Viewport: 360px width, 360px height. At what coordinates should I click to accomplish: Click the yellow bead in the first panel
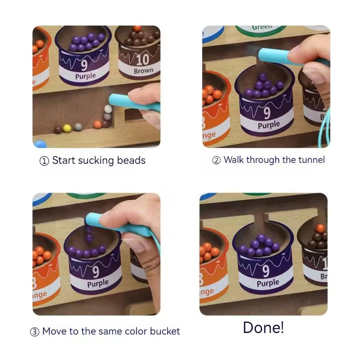tap(67, 128)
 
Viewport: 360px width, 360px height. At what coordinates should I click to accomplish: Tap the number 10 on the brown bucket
tap(143, 60)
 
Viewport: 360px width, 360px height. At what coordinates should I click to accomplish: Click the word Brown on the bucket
tap(144, 71)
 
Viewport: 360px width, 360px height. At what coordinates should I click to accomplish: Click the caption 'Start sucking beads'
tap(99, 161)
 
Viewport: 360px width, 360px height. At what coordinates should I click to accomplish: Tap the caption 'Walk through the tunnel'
tap(274, 160)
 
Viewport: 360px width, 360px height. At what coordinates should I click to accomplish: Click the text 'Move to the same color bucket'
tap(111, 332)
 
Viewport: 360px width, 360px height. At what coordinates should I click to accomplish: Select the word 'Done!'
tap(263, 327)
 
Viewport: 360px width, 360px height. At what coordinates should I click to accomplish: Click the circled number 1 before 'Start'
tap(44, 161)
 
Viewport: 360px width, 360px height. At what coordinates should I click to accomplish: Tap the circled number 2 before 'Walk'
tap(216, 160)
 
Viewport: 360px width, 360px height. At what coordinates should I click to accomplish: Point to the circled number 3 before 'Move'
tap(35, 332)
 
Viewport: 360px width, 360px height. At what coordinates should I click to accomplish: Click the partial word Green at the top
tap(262, 27)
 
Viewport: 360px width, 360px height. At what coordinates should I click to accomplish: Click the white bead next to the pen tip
tap(108, 109)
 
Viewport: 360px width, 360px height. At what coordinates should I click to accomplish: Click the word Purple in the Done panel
tap(268, 283)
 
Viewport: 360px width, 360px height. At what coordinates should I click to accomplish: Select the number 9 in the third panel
tap(95, 272)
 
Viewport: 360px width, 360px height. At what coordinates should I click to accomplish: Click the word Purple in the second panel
tap(269, 125)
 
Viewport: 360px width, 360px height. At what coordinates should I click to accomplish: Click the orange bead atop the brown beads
tap(320, 228)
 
